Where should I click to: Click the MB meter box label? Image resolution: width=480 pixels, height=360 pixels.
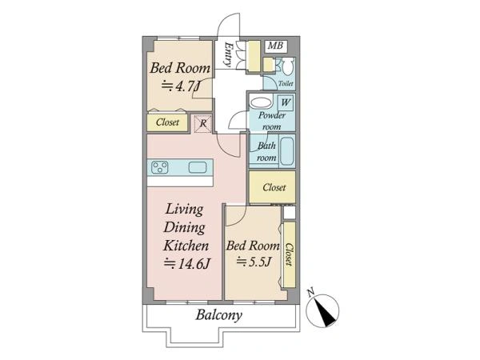[x=275, y=46]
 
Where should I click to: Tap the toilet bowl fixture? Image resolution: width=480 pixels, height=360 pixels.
[x=288, y=66]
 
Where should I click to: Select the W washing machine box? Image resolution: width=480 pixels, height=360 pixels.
[x=286, y=102]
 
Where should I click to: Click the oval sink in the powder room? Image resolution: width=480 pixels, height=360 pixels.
[x=261, y=102]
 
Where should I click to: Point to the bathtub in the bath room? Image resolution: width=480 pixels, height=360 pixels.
[x=287, y=151]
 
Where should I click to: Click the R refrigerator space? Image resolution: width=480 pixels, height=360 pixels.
[x=203, y=124]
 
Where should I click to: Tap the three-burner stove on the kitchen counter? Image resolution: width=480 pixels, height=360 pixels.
[x=160, y=167]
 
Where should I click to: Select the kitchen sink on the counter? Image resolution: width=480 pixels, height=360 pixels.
[x=198, y=167]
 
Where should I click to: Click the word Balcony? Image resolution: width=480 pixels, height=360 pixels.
[x=219, y=314]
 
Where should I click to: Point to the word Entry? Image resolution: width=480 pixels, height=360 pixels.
[x=228, y=54]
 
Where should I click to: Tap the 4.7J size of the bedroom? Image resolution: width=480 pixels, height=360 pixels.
[x=181, y=86]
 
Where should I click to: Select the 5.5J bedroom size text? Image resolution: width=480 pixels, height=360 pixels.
[x=254, y=262]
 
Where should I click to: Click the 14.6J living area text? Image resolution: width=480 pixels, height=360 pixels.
[x=187, y=263]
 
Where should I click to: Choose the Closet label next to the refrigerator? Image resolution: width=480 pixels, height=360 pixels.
[x=167, y=122]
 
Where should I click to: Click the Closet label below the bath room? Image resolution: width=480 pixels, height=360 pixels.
[x=274, y=187]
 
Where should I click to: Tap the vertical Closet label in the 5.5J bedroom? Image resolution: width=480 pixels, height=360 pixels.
[x=289, y=254]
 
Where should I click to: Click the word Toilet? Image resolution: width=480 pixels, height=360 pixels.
[x=286, y=83]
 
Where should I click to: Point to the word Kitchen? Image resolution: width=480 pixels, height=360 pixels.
[x=186, y=246]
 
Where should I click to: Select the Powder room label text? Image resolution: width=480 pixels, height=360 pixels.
[x=272, y=121]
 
